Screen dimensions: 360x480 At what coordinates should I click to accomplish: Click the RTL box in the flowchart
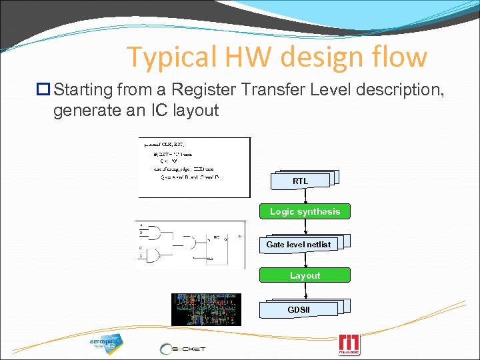pyautogui.click(x=301, y=181)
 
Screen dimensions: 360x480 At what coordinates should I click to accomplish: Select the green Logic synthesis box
pyautogui.click(x=305, y=211)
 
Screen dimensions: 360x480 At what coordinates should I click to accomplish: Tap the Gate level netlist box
pyautogui.click(x=299, y=245)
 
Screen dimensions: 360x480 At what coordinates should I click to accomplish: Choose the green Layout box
pyautogui.click(x=305, y=275)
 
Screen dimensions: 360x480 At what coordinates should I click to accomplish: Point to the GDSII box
pyautogui.click(x=299, y=310)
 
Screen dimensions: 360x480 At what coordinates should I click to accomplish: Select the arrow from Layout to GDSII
pyautogui.click(x=305, y=291)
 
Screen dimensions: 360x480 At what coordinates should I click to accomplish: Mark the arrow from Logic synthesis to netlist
pyautogui.click(x=305, y=227)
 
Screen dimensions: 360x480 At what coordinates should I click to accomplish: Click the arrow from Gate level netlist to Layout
pyautogui.click(x=305, y=259)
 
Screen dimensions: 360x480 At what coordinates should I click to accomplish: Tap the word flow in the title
pyautogui.click(x=397, y=57)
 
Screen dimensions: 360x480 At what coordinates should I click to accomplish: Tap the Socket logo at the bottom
pyautogui.click(x=183, y=348)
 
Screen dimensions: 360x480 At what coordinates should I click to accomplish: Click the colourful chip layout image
pyautogui.click(x=206, y=309)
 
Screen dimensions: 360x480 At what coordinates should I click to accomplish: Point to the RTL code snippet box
pyautogui.click(x=194, y=167)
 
